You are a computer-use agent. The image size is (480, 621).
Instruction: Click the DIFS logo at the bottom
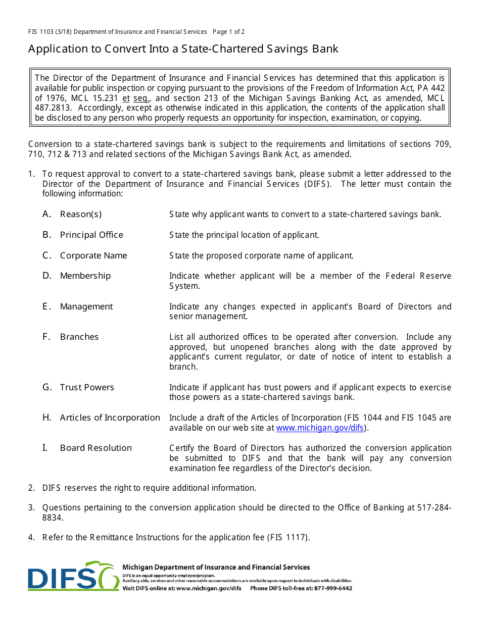pos(73,576)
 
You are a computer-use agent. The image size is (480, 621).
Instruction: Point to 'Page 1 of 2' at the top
pos(229,32)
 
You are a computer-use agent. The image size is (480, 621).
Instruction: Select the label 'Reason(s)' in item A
pos(80,214)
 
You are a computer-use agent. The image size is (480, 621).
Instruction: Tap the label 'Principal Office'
pos(91,235)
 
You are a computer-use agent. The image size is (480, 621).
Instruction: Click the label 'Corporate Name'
pos(93,255)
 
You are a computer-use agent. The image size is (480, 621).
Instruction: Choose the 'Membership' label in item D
pos(85,276)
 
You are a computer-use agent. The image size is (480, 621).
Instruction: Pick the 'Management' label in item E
pos(86,306)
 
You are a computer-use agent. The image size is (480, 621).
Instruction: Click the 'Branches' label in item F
pos(79,337)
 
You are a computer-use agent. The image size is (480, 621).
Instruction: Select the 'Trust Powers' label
pos(87,387)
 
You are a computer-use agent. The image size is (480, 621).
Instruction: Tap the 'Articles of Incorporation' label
pos(110,418)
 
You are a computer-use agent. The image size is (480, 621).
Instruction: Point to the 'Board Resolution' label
pos(95,448)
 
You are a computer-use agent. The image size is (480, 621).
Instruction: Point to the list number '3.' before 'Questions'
pos(31,508)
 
